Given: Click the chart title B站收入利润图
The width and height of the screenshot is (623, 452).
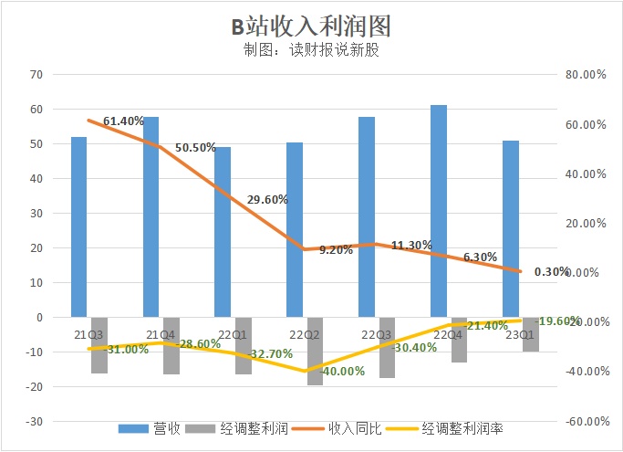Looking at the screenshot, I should [311, 24].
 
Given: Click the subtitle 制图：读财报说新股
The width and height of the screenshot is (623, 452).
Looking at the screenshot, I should [311, 51].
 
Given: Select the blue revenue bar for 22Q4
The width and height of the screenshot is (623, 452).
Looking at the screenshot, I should [439, 211].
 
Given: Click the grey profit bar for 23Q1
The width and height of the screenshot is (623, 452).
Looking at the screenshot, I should [530, 334].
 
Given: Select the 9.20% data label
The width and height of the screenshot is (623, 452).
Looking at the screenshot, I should [336, 250].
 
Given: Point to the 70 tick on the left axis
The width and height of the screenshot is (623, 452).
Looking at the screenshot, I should [36, 74].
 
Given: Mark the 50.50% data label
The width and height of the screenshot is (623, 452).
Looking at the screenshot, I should [196, 147].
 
